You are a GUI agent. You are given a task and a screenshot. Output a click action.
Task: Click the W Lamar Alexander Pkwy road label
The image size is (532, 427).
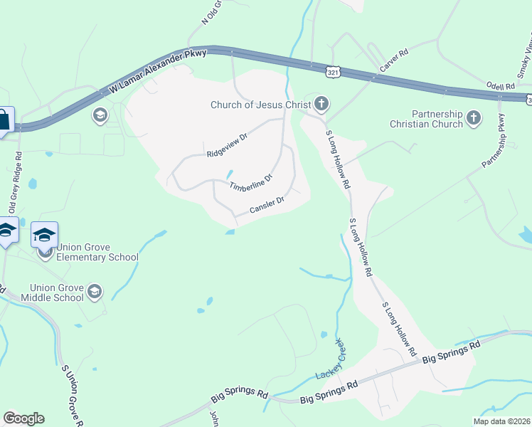(x=159, y=71)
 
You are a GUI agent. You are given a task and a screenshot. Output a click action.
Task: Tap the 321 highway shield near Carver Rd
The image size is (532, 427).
(x=334, y=72)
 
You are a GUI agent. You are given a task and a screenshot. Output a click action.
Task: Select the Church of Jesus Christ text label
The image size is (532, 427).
(x=261, y=105)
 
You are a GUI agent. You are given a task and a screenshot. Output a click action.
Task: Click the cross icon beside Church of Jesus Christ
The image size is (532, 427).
(x=321, y=105)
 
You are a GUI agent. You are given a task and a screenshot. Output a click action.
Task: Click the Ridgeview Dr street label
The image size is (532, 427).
(x=226, y=144)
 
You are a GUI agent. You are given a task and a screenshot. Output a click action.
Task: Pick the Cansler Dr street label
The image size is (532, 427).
(x=267, y=205)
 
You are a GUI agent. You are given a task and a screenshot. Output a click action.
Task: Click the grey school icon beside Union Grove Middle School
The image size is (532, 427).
(x=95, y=291)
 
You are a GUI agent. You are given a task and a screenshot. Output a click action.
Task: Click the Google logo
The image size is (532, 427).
(x=23, y=418)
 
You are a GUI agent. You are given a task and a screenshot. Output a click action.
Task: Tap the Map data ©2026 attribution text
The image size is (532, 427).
(x=502, y=421)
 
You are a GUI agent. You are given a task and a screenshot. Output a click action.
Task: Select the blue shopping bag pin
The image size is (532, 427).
(x=4, y=119)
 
